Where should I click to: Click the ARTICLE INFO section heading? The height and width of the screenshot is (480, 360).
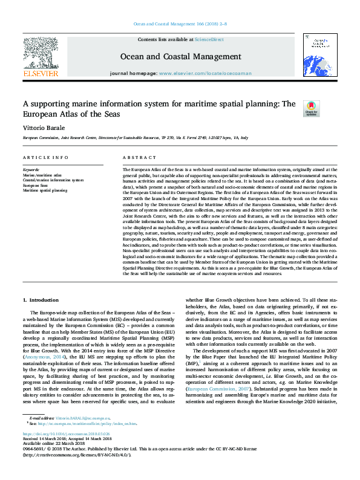pos(45,157)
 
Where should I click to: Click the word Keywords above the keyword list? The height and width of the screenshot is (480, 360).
pos(31,170)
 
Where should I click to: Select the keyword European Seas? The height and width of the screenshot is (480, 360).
pos(36,185)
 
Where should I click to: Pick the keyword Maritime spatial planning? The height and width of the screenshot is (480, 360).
pos(45,190)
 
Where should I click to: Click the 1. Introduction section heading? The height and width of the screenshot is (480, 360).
pos(41,300)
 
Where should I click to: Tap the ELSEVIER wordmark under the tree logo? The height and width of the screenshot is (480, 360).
pos(41,74)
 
